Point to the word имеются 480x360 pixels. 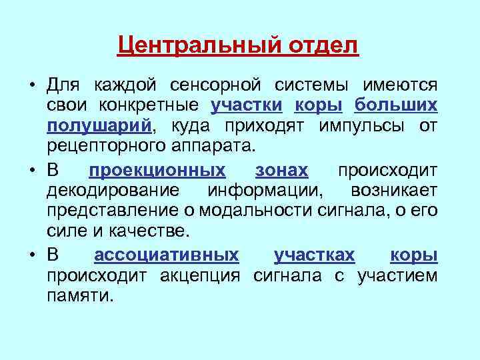tap(400, 86)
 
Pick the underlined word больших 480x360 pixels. tap(396, 105)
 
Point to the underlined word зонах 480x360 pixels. tap(281, 171)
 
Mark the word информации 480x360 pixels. tap(265, 190)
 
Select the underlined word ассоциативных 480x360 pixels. tap(167, 255)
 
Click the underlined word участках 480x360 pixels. tap(314, 255)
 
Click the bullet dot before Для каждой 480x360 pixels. tap(31, 87)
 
